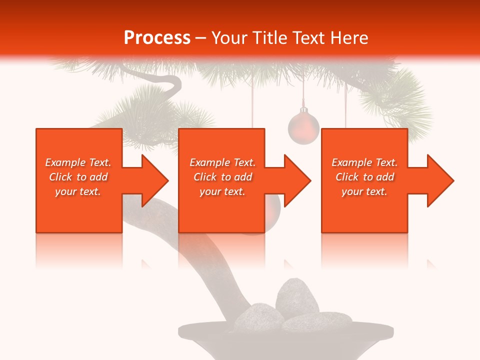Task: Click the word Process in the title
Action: point(157,38)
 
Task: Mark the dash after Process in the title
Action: point(200,38)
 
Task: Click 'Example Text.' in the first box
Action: point(78,162)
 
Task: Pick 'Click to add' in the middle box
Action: point(222,177)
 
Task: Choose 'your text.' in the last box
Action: point(364,191)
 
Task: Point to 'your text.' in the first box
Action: point(78,191)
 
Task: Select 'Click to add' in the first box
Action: point(78,177)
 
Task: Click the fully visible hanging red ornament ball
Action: point(303,128)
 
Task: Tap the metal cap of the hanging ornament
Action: point(303,109)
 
